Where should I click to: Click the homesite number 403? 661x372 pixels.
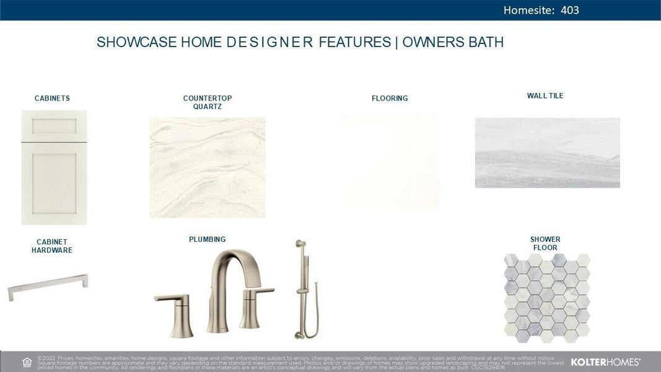tap(569, 10)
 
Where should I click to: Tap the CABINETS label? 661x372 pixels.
tap(52, 99)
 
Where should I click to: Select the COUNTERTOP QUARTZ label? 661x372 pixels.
tap(207, 102)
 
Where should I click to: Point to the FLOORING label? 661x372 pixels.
tap(390, 99)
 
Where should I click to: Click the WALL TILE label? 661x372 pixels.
tap(545, 96)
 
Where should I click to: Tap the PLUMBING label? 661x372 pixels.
tap(207, 239)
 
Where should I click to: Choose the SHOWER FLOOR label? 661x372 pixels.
tap(545, 244)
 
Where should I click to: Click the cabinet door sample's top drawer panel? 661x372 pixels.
tap(55, 126)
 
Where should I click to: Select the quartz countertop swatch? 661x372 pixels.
tap(207, 167)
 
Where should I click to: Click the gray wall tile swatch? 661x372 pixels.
tap(547, 153)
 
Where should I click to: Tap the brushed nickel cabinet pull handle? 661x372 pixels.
tap(48, 286)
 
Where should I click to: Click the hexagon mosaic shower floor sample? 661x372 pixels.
tap(546, 297)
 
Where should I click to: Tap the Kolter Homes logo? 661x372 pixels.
tap(605, 362)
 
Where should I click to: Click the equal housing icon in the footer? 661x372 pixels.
tap(27, 362)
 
